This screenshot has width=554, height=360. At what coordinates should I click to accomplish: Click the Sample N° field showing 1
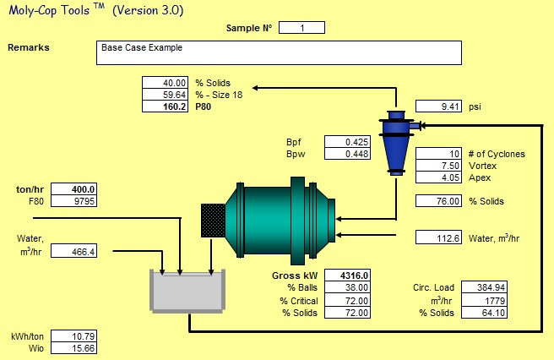301,28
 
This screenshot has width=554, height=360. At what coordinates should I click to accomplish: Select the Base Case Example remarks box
280,52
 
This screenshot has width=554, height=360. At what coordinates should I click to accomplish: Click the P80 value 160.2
165,107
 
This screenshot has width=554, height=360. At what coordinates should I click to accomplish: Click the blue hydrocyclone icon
395,139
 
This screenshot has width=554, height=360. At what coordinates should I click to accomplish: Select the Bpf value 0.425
347,141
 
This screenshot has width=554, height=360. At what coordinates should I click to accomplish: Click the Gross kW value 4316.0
347,275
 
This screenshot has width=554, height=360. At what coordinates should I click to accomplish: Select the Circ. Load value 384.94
484,288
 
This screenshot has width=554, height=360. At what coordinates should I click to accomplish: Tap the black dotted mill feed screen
211,220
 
